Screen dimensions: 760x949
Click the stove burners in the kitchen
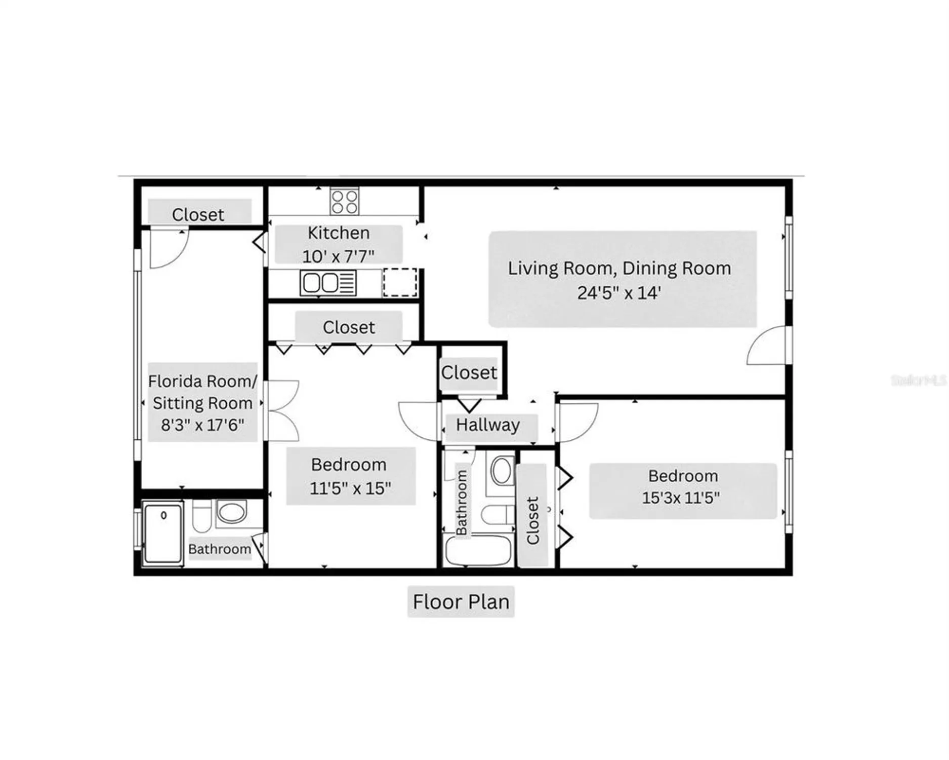[x=345, y=202]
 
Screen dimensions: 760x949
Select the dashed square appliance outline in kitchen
[x=400, y=282]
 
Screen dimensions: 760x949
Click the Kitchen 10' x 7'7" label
[x=339, y=245]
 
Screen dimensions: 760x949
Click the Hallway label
[x=488, y=425]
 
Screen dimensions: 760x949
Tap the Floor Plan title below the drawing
[x=461, y=602]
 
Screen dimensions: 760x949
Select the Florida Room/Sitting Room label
[x=202, y=402]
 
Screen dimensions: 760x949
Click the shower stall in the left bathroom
[x=163, y=533]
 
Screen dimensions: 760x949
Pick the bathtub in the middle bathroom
[x=478, y=551]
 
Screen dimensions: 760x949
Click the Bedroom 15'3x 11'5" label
[x=682, y=487]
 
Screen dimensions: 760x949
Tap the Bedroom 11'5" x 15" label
[x=350, y=476]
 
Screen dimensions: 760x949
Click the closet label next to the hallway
[x=469, y=373]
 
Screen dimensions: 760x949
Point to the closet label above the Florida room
[x=198, y=214]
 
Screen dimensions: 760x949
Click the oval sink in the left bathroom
[x=232, y=512]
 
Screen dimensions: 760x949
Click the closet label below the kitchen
[x=349, y=327]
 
